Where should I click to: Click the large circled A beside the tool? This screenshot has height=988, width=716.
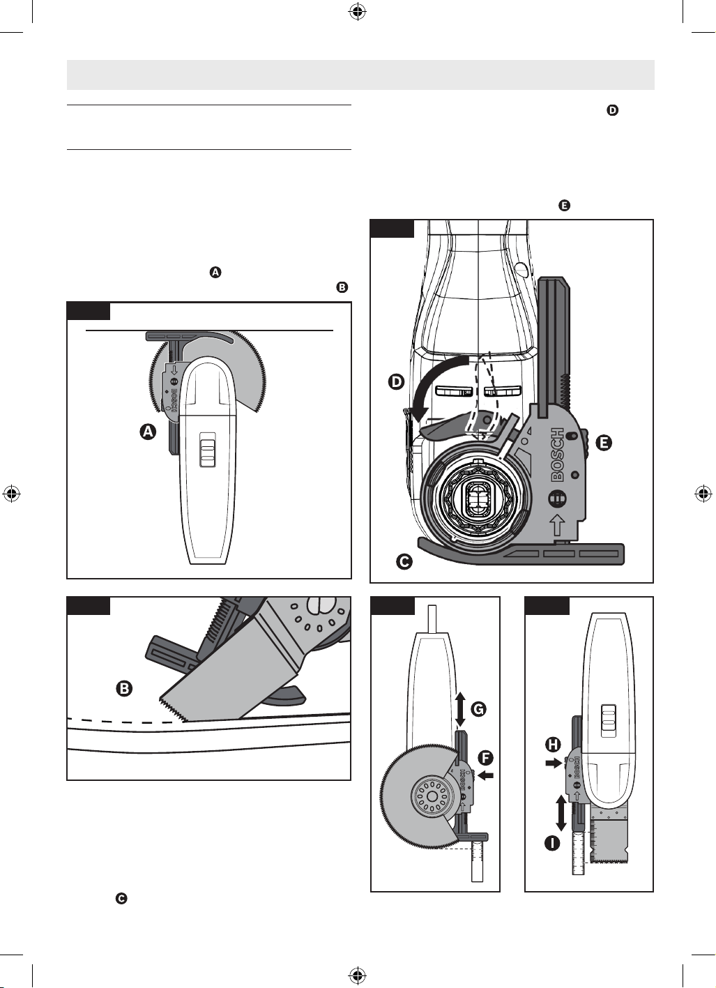click(148, 432)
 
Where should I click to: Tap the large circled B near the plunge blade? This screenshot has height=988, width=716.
click(124, 688)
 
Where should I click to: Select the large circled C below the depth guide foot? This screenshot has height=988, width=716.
click(404, 561)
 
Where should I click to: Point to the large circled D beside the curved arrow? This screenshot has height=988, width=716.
click(396, 381)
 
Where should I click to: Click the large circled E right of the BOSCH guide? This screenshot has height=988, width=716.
click(604, 442)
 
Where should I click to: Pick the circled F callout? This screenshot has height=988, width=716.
click(485, 758)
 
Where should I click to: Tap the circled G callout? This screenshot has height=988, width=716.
click(478, 709)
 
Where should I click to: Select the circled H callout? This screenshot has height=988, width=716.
click(552, 745)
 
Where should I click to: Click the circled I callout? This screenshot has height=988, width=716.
click(552, 843)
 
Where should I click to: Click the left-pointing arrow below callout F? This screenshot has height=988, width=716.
click(486, 775)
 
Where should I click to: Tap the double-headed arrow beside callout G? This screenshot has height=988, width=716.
click(459, 710)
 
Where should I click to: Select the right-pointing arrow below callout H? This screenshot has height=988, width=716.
click(553, 763)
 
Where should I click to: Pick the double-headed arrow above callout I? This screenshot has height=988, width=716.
click(561, 812)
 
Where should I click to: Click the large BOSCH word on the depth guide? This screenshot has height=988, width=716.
click(557, 454)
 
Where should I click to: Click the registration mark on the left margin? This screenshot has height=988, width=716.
click(12, 494)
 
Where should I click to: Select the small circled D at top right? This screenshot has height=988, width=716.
click(612, 110)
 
